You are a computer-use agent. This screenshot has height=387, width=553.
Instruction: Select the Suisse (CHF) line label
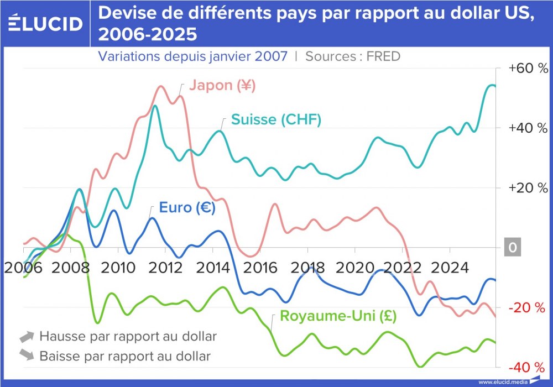(x=276, y=120)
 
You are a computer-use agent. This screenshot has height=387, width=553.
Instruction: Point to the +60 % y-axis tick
(x=529, y=69)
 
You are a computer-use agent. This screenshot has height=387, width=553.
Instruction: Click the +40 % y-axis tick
(x=529, y=128)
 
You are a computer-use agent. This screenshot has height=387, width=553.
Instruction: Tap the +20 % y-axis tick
(x=529, y=188)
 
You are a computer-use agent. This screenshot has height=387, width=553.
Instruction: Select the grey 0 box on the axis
(x=513, y=248)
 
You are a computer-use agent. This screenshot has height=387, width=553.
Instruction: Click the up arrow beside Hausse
(x=27, y=336)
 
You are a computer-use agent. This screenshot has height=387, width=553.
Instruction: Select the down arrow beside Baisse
(x=27, y=355)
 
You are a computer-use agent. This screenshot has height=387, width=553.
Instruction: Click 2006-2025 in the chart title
(x=147, y=34)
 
